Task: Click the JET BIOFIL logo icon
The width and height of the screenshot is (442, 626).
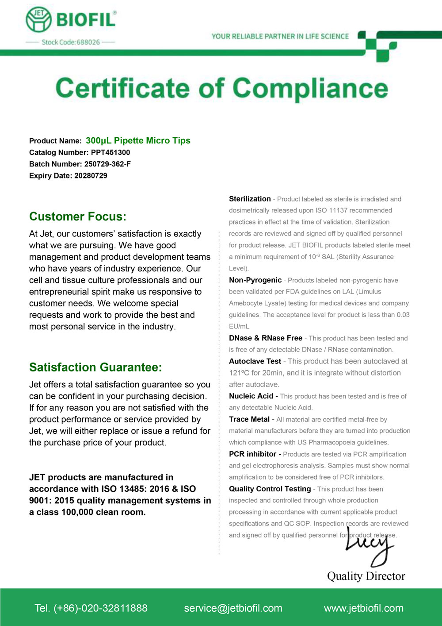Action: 39,19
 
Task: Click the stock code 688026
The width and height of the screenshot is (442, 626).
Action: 88,42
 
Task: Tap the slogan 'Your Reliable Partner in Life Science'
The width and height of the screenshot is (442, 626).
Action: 280,36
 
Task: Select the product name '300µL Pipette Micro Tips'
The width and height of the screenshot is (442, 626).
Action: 138,140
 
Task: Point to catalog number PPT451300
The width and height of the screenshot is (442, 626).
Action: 110,152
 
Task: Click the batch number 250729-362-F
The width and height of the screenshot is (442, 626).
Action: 107,164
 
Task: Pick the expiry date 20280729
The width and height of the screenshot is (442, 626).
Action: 90,175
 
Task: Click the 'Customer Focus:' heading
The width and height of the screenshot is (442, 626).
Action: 78,216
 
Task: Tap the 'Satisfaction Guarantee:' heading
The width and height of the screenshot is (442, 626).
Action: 95,367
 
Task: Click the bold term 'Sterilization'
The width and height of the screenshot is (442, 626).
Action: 250,199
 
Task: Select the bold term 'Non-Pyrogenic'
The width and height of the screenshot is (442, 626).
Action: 255,280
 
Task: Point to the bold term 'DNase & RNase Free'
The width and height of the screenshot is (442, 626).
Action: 266,338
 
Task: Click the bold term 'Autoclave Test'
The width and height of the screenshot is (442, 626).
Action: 255,361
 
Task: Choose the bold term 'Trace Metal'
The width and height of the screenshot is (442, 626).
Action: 249,419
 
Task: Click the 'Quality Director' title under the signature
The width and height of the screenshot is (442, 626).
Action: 366,576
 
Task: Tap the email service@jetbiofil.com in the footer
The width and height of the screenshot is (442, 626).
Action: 233,608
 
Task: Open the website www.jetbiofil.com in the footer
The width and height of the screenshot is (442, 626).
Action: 364,608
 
